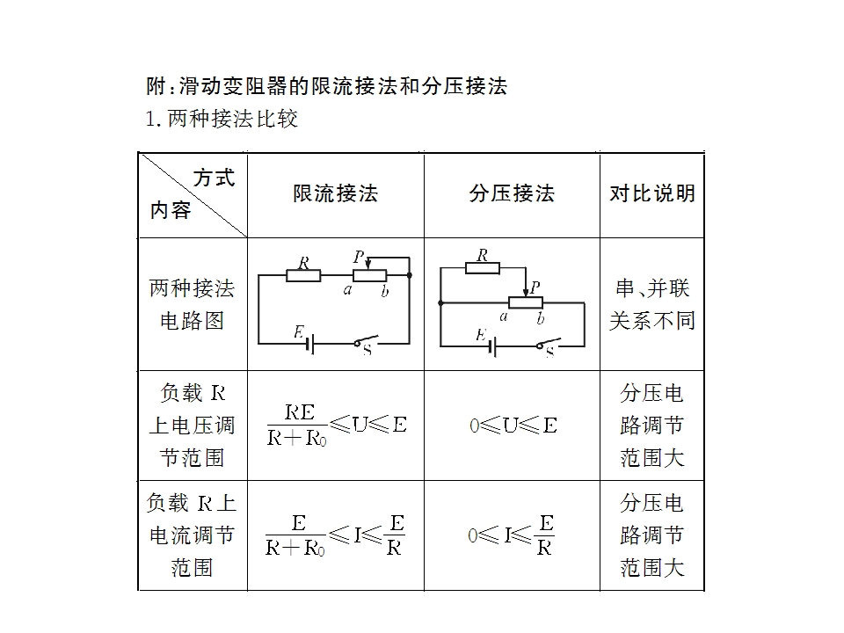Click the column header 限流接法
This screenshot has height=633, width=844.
pyautogui.click(x=335, y=193)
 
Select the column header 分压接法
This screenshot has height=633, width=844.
pyautogui.click(x=512, y=193)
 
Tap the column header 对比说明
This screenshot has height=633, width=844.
pyautogui.click(x=652, y=193)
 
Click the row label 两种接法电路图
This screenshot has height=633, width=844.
pyautogui.click(x=193, y=304)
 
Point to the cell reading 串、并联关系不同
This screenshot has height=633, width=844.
pyautogui.click(x=652, y=304)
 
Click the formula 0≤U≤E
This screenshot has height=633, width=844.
pyautogui.click(x=513, y=426)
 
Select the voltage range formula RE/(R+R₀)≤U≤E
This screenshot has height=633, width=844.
pyautogui.click(x=337, y=426)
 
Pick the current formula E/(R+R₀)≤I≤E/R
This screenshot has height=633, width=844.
pyautogui.click(x=335, y=535)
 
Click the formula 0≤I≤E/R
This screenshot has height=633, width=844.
pyautogui.click(x=512, y=535)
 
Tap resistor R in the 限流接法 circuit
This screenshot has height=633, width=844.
pyautogui.click(x=303, y=275)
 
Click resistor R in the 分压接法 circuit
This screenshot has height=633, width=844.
pyautogui.click(x=483, y=267)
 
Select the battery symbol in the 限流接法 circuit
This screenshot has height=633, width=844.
pyautogui.click(x=310, y=344)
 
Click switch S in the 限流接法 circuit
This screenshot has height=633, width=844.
pyautogui.click(x=366, y=342)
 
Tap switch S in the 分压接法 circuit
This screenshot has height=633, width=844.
pyautogui.click(x=549, y=345)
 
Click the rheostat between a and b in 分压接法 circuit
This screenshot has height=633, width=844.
pyautogui.click(x=526, y=302)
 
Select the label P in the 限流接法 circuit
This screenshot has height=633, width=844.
pyautogui.click(x=359, y=257)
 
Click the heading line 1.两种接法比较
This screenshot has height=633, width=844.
pyautogui.click(x=222, y=119)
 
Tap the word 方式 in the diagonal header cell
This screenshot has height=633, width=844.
pyautogui.click(x=215, y=178)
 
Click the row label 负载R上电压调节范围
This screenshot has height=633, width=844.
pyautogui.click(x=193, y=426)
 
